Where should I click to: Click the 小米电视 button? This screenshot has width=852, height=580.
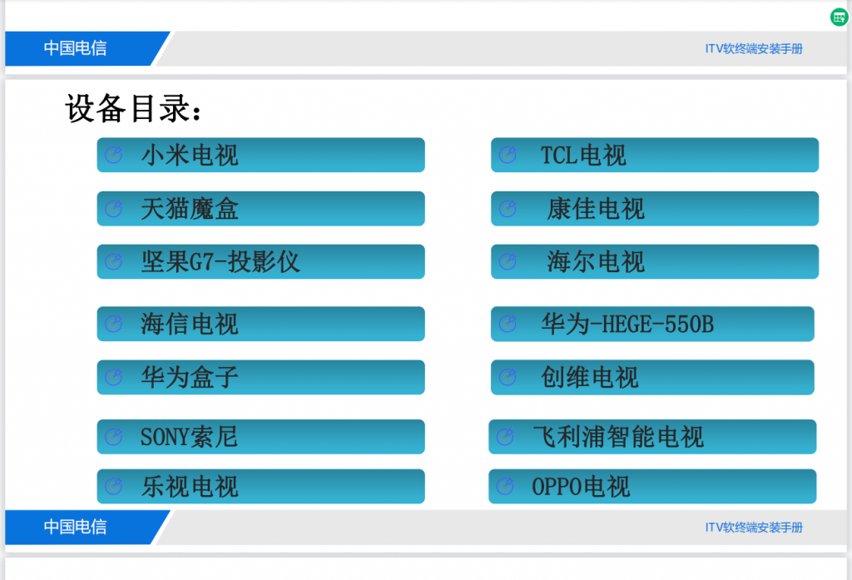coord(260,155)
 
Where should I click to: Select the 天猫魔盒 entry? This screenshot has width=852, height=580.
coord(260,208)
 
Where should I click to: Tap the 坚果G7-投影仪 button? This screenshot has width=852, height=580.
coord(260,261)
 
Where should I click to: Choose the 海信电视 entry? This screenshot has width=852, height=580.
coord(260,324)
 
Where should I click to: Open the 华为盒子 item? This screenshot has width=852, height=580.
coord(260,377)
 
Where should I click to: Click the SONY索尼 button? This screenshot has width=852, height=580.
coord(260,437)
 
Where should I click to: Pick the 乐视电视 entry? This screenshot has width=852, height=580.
coord(260,487)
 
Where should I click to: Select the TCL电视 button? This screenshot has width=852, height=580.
coord(654,155)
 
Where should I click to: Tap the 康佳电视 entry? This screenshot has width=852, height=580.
coord(654,208)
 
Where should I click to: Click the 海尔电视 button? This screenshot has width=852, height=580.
coord(654,261)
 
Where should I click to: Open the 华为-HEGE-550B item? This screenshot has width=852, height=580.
coord(652,324)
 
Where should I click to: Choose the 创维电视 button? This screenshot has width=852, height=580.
coord(652,377)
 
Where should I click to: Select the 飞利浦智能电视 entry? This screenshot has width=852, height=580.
coord(652,437)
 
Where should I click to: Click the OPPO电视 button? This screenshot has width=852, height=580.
coord(652,487)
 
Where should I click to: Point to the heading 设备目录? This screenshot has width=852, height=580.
coord(133,109)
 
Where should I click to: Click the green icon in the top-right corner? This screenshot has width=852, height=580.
coord(839,17)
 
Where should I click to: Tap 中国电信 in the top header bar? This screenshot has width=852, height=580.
coord(75,48)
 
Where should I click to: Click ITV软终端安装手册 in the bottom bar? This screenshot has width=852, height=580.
coord(754,528)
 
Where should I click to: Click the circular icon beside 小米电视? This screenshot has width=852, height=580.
coord(113,155)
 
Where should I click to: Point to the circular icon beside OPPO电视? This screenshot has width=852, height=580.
coord(505,487)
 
